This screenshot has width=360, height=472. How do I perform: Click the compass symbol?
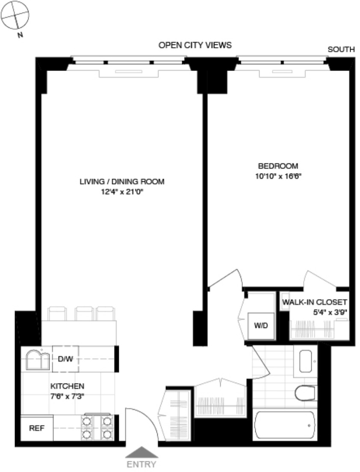tap(15, 15)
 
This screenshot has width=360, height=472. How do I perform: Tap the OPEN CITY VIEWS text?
tap(195, 45)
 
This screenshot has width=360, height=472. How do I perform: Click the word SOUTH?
tap(341, 50)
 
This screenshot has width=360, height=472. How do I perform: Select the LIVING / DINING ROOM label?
tap(122, 181)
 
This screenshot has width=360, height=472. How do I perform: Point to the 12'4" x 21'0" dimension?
tap(122, 192)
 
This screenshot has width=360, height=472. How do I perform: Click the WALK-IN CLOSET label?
tap(314, 302)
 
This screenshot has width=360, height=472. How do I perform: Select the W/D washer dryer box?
tap(260, 325)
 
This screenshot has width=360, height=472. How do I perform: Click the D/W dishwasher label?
tap(65, 359)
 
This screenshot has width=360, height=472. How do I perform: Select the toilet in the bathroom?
tap(305, 392)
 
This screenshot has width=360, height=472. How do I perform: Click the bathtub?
tap(285, 426)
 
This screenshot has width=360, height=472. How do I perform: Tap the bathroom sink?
tap(307, 361)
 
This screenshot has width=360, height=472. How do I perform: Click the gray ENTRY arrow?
tap(142, 453)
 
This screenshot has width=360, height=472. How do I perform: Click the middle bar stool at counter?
tap(84, 314)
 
